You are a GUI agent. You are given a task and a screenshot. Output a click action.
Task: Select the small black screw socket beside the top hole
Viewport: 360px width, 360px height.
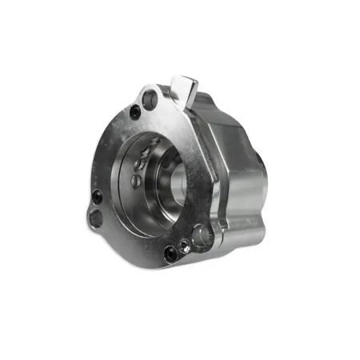[135, 112]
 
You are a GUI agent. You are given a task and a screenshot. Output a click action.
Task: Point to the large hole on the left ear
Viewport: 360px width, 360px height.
[96, 218]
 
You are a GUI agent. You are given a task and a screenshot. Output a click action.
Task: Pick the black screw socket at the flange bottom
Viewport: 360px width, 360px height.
[170, 254]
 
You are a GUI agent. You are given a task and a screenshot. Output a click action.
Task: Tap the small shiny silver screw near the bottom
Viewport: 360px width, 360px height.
[185, 246]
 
